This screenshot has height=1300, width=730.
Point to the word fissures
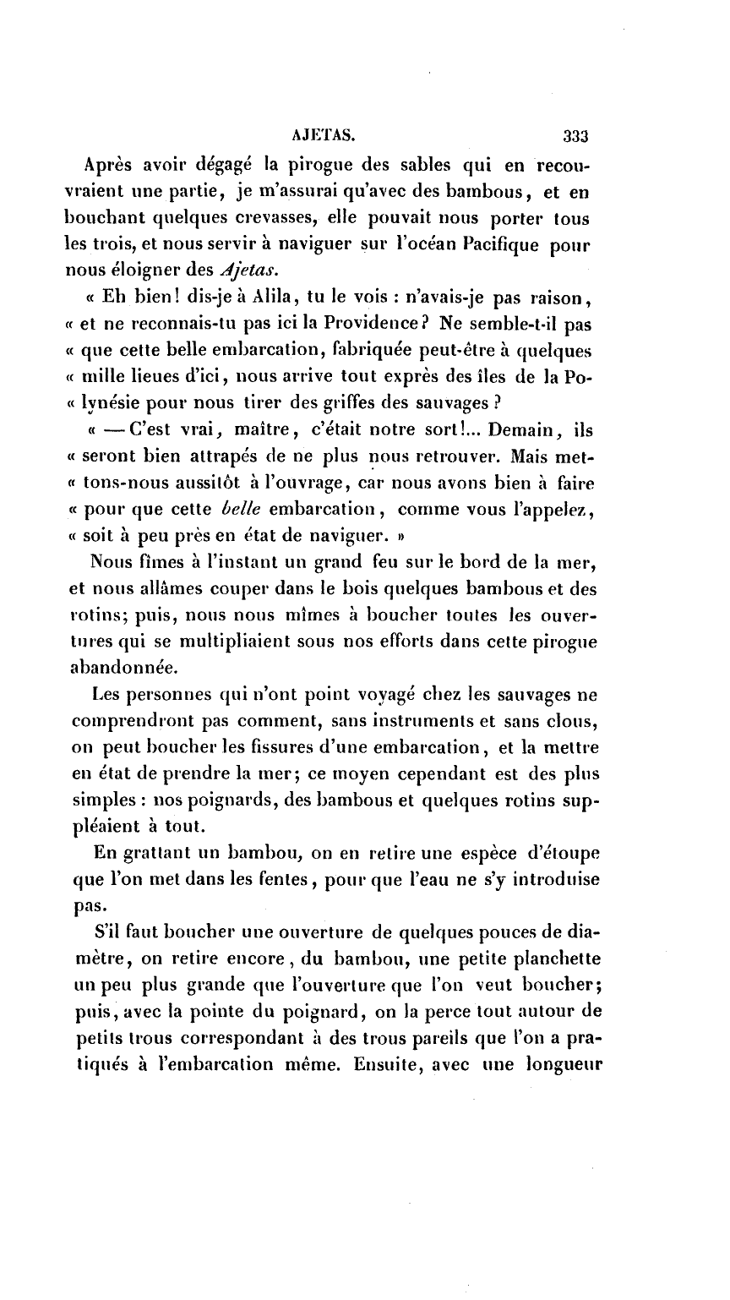pyautogui.click(x=276, y=751)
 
